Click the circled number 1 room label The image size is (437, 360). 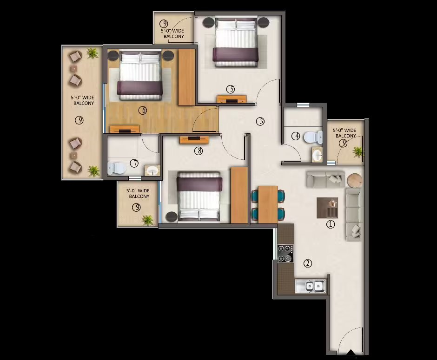pos(331,224)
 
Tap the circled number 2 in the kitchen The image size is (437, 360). pos(308,263)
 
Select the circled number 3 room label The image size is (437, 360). pos(260,121)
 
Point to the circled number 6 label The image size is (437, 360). pos(143,111)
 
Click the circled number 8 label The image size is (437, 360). pos(199,151)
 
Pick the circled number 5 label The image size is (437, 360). pos(231,89)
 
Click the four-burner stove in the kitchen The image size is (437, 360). pos(285,253)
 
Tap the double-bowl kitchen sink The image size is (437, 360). pos(311,286)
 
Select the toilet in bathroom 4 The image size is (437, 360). pos(313,137)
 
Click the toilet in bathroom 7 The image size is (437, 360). pos(117,168)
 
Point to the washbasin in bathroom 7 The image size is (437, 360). pos(152,170)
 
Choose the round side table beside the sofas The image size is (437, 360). pos(355,180)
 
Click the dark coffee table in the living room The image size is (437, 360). pos(327,208)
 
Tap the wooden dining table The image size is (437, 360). pos(268,204)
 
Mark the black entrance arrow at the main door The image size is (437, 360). pos(351,352)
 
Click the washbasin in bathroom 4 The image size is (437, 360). pos(317,155)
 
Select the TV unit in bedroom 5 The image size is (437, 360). pos(232,99)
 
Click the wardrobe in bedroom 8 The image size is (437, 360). pos(239,195)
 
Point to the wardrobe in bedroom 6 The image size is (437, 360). pos(187,78)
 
